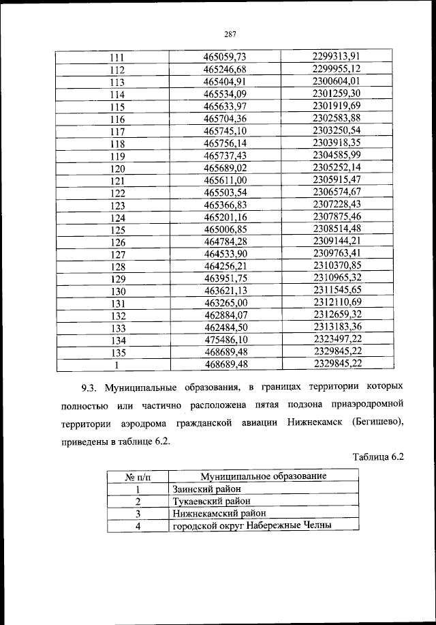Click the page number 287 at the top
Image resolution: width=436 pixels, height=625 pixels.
pyautogui.click(x=229, y=36)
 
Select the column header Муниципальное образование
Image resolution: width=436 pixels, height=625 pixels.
pyautogui.click(x=262, y=476)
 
